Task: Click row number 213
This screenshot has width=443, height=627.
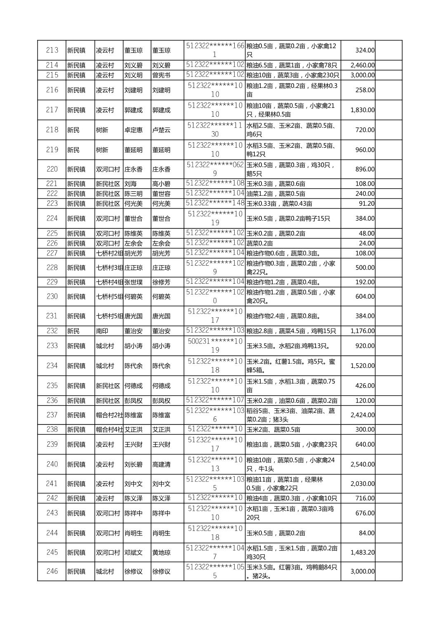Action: click(x=52, y=50)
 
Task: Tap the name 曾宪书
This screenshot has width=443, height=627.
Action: click(x=161, y=75)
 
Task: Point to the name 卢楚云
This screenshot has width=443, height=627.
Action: click(x=161, y=130)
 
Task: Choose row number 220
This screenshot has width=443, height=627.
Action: click(x=52, y=169)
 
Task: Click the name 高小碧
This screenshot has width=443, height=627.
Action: click(x=161, y=184)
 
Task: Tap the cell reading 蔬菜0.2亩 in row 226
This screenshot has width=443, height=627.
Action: click(x=259, y=243)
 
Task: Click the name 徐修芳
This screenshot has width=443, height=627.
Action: click(x=161, y=282)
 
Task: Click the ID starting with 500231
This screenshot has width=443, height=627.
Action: click(x=215, y=346)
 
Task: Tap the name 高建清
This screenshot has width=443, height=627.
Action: click(x=161, y=464)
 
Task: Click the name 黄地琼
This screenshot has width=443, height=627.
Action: click(x=161, y=553)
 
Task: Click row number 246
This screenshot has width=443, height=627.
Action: click(x=52, y=571)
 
